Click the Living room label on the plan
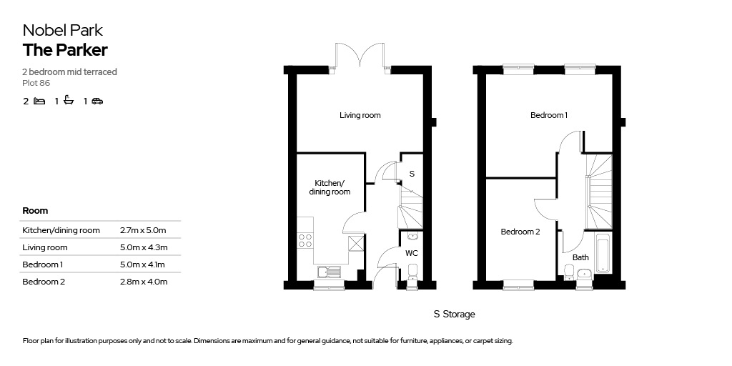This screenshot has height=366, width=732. click(360, 115)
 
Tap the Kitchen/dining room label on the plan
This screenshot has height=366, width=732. click(332, 187)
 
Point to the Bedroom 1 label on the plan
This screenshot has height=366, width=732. click(549, 115)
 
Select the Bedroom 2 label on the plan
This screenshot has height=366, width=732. click(520, 232)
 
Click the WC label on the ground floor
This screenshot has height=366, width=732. click(411, 254)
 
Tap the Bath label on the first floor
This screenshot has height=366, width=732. click(580, 257)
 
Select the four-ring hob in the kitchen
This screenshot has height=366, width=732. click(305, 240)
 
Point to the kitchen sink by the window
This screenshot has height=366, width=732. click(329, 272)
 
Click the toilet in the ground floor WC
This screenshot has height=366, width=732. click(412, 272)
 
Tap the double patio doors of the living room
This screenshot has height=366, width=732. click(360, 56)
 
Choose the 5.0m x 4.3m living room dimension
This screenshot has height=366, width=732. click(143, 247)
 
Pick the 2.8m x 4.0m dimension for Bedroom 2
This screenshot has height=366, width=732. click(143, 282)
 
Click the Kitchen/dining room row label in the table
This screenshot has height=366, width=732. click(61, 230)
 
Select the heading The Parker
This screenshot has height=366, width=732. click(65, 50)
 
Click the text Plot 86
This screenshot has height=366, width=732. click(36, 83)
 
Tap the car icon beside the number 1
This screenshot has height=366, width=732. click(97, 101)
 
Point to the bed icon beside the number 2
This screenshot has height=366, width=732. click(40, 101)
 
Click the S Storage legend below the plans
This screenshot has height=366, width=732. click(454, 315)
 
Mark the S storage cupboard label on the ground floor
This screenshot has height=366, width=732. click(412, 174)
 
